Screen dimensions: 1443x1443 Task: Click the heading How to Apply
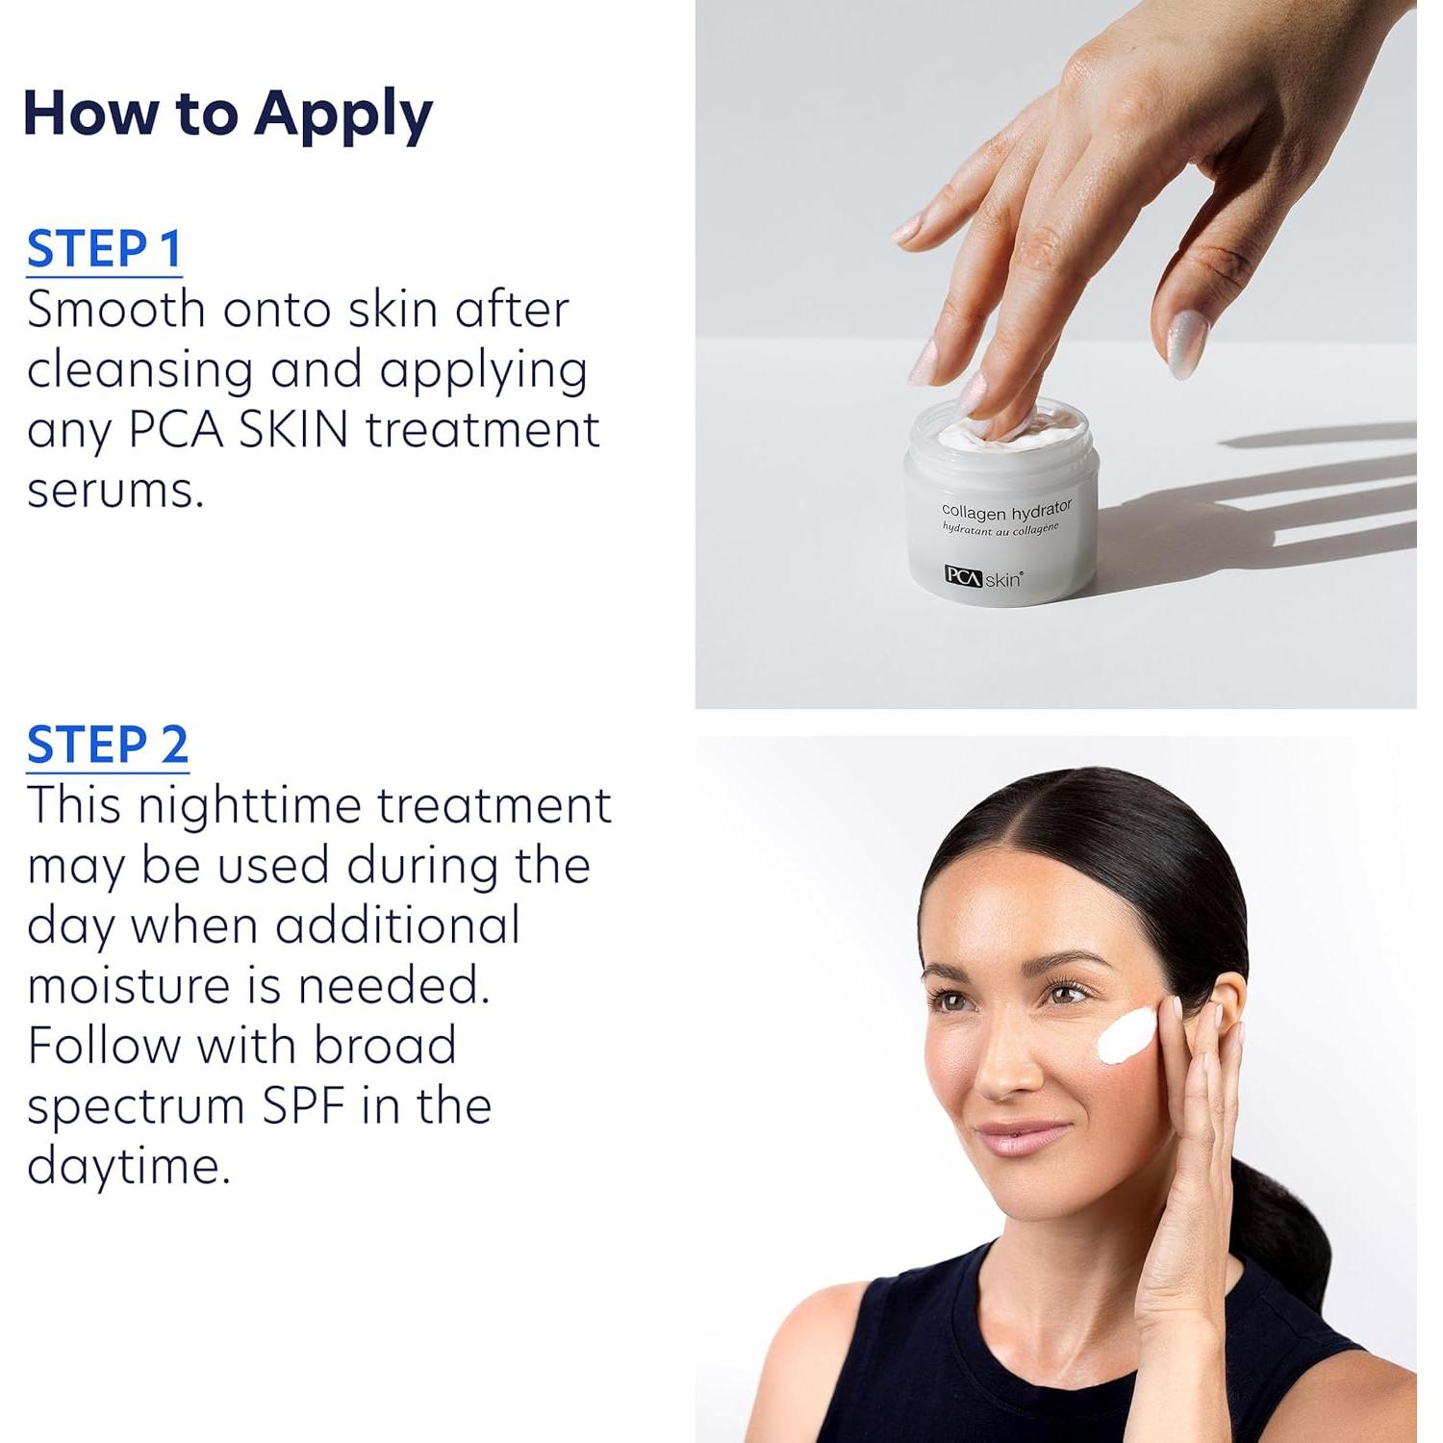(x=227, y=114)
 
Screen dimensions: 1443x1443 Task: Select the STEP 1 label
(x=104, y=249)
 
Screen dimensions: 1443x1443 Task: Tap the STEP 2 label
(x=107, y=746)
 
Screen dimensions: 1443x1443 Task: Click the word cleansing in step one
(x=139, y=371)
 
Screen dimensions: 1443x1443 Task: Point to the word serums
(x=114, y=491)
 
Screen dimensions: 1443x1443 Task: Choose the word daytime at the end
(x=128, y=1167)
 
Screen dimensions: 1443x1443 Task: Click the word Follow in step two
(x=103, y=1046)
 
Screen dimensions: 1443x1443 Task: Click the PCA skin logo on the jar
(x=983, y=577)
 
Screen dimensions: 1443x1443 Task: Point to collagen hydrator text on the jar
(x=1005, y=511)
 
